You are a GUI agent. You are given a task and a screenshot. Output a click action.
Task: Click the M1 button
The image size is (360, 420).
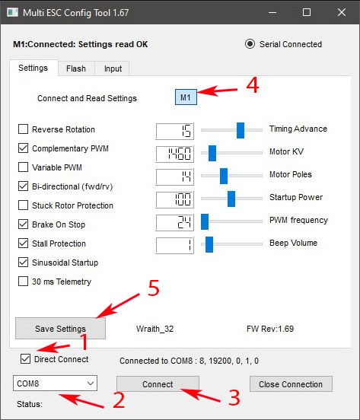[186, 97]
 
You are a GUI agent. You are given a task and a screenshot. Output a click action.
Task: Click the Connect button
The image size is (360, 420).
[158, 383]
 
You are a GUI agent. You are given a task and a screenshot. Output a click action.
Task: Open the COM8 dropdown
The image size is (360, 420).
[55, 383]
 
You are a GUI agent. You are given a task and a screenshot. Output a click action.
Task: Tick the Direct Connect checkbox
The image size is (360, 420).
[25, 358]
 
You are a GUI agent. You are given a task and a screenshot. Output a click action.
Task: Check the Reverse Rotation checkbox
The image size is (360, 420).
[23, 129]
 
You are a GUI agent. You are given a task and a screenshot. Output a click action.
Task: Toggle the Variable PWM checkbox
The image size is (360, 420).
[23, 167]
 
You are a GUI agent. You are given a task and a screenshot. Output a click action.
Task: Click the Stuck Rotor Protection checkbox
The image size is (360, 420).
[23, 205]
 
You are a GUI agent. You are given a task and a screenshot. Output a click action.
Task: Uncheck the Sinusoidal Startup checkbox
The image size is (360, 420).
[23, 262]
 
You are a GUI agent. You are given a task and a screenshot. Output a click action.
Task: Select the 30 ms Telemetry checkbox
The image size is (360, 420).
[23, 282]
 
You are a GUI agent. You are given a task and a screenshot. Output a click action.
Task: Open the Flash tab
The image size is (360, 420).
[76, 68]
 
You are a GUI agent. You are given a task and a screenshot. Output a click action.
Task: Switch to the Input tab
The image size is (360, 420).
[113, 68]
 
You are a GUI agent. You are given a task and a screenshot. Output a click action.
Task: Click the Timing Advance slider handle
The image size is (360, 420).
[241, 130]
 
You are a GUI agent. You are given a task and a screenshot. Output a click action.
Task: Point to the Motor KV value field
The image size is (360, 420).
[174, 154]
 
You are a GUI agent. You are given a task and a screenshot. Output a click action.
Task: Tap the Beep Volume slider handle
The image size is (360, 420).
[209, 244]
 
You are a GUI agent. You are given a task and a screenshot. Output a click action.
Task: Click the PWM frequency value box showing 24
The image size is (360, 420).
[174, 222]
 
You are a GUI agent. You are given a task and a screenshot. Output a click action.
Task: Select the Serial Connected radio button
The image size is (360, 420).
[250, 44]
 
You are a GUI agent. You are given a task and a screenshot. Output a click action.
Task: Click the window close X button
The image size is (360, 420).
[342, 12]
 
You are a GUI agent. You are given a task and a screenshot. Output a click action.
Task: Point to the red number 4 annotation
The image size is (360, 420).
[253, 85]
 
